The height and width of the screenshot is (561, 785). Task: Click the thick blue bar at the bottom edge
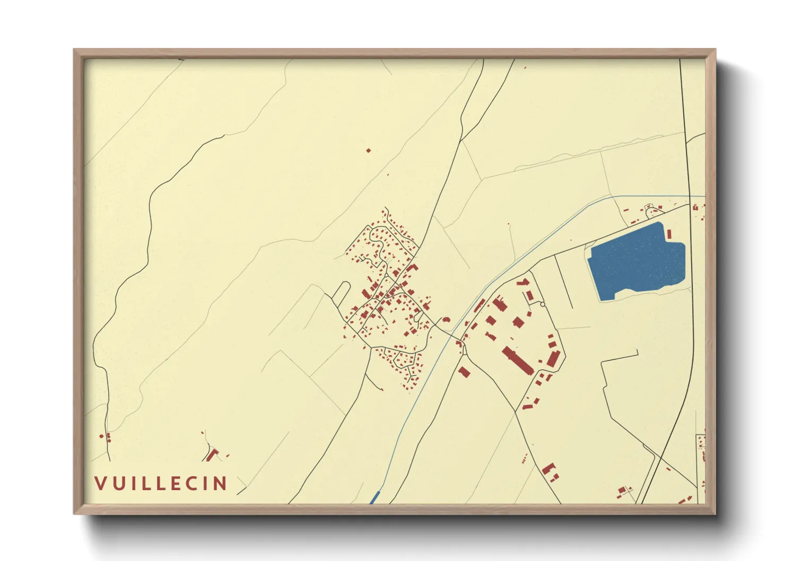tap(374, 497)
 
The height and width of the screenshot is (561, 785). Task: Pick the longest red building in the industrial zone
tap(518, 361)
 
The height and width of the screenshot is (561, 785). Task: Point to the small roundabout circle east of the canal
tap(543, 304)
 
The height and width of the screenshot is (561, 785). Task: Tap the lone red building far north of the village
tap(368, 151)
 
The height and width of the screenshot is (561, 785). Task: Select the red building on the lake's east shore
tap(669, 233)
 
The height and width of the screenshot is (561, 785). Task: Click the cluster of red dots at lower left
tap(106, 437)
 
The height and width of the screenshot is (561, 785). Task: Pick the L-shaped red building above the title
tap(212, 454)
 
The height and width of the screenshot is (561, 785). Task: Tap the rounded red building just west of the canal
tap(446, 320)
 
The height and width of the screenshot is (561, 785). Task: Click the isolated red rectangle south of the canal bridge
tap(464, 372)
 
